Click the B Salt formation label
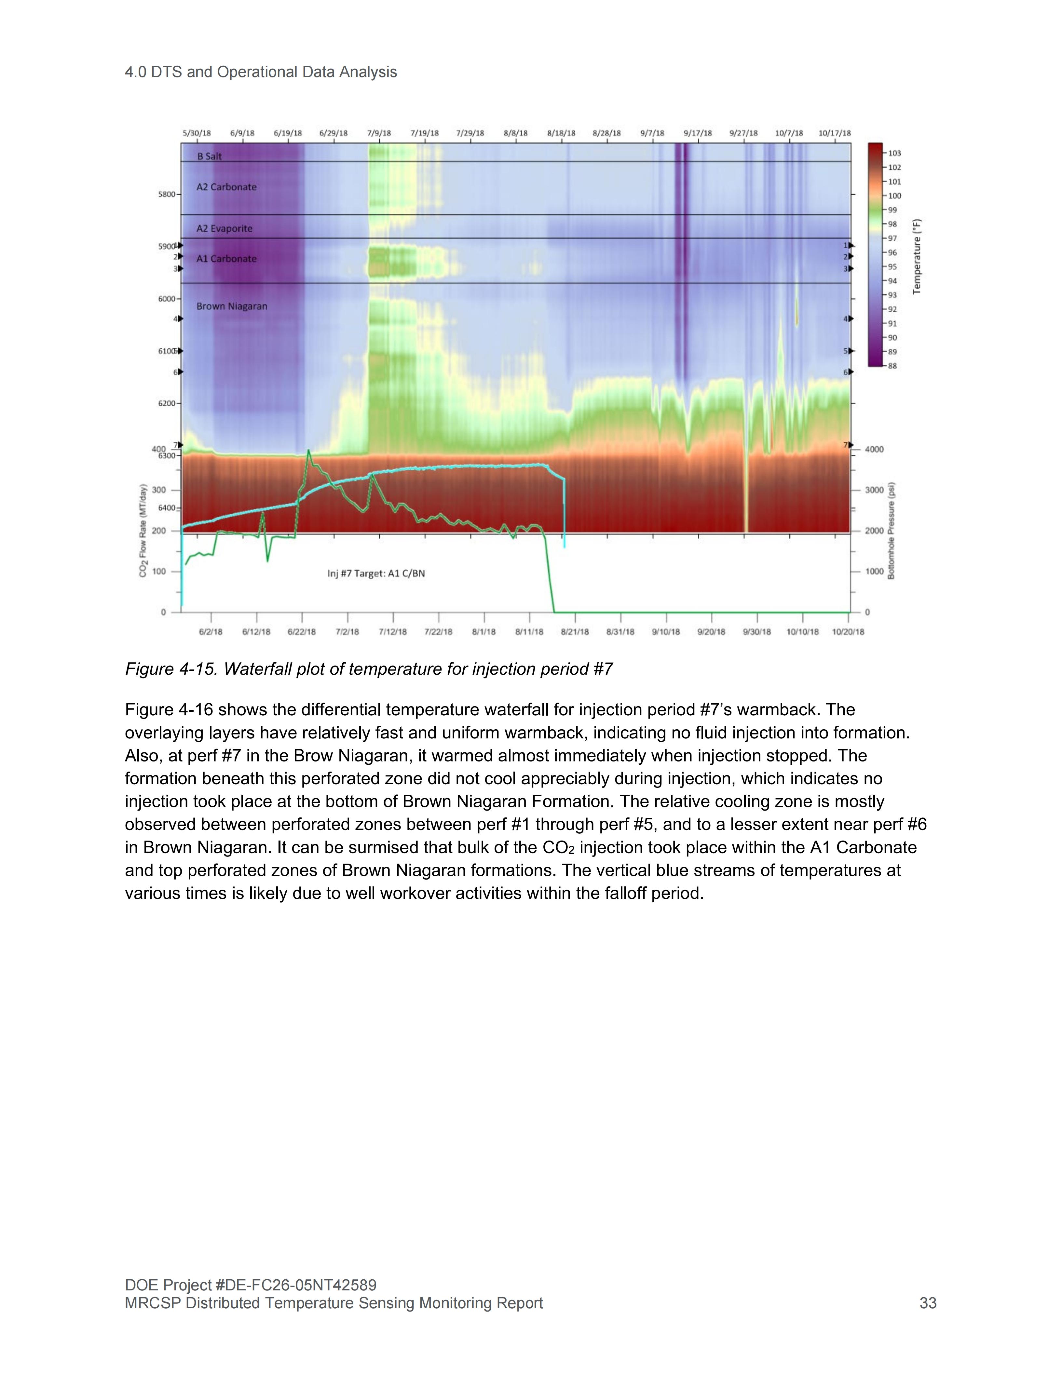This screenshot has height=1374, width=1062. pyautogui.click(x=210, y=156)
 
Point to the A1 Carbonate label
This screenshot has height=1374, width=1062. pyautogui.click(x=226, y=259)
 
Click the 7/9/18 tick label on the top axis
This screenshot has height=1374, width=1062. pyautogui.click(x=379, y=133)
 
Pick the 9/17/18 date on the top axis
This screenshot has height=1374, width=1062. pyautogui.click(x=698, y=133)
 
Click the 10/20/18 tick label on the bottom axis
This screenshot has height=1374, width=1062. pyautogui.click(x=848, y=632)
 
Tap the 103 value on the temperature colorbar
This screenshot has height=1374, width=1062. pyautogui.click(x=895, y=153)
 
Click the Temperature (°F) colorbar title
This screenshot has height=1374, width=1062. pyautogui.click(x=917, y=257)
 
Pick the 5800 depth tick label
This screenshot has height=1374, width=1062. pyautogui.click(x=167, y=195)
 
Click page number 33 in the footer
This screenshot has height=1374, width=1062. pyautogui.click(x=928, y=1303)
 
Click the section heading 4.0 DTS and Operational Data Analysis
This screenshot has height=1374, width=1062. pyautogui.click(x=261, y=72)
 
